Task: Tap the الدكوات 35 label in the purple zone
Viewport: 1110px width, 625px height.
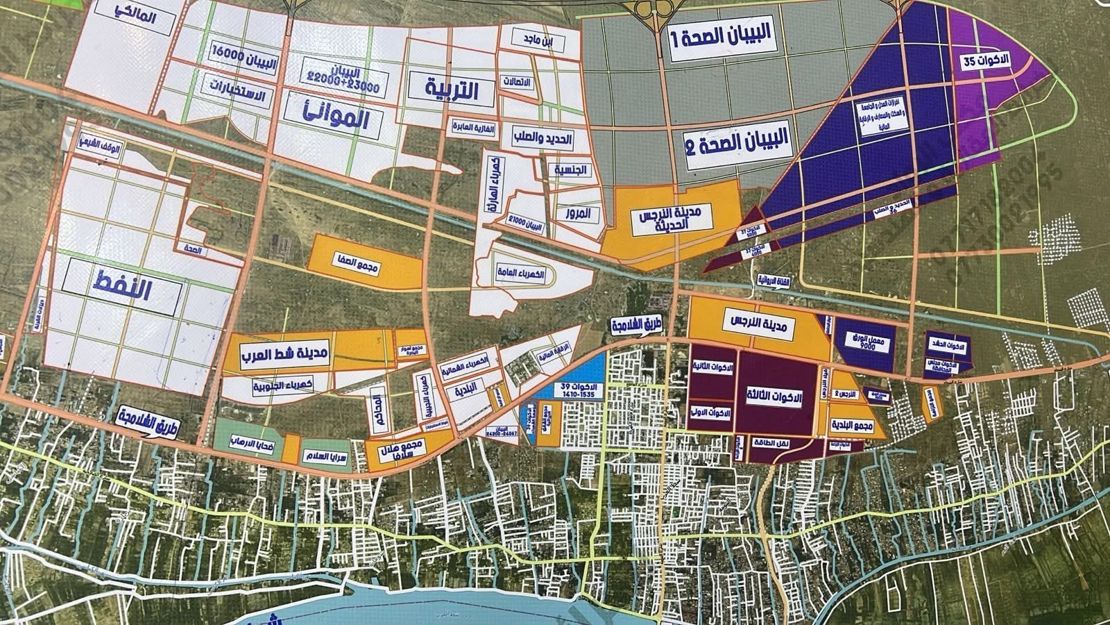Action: pos(987,60)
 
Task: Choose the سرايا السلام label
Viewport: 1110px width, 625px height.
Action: pos(319,456)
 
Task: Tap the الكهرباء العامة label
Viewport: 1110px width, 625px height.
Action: pos(521,272)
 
